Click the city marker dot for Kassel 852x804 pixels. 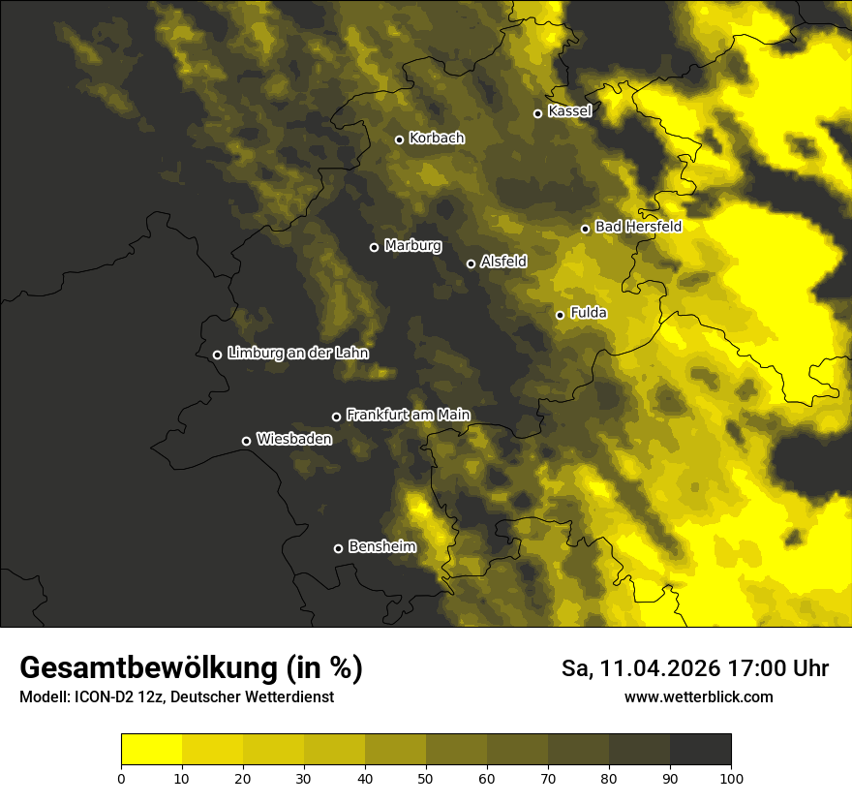point(537,113)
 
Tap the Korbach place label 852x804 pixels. point(437,138)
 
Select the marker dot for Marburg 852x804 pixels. point(374,247)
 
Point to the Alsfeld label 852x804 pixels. point(503,262)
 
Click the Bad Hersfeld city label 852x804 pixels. point(638,227)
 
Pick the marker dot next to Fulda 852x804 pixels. point(560,315)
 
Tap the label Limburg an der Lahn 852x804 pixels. point(297,354)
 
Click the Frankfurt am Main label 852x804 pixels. point(408,415)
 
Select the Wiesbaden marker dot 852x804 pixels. point(246,441)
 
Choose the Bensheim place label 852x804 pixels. point(381,546)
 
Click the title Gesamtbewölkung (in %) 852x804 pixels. point(191,668)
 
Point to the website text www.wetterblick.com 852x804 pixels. point(698,696)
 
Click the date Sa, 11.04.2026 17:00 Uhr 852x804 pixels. point(694,668)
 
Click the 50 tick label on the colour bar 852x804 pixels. point(426,778)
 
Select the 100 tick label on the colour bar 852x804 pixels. point(730,778)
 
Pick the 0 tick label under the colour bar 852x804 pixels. point(121,778)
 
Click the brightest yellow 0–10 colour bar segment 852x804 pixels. point(151,750)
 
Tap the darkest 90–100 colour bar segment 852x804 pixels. point(700,750)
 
